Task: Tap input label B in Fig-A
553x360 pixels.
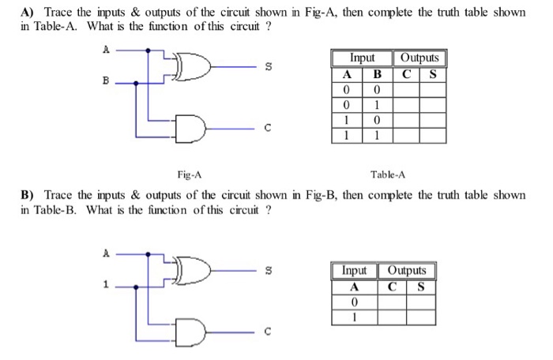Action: [x=106, y=81]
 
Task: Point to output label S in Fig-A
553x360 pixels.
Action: [x=268, y=68]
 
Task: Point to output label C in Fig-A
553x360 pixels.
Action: [x=268, y=126]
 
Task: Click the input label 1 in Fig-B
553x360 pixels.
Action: [x=106, y=285]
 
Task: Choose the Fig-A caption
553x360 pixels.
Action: [x=189, y=174]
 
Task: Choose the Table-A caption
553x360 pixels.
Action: [x=388, y=174]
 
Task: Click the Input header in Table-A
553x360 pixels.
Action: [x=363, y=58]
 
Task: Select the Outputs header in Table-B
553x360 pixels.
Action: [x=406, y=271]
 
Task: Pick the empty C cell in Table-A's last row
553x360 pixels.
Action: [x=406, y=135]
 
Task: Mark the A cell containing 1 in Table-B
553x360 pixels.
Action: [x=355, y=317]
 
